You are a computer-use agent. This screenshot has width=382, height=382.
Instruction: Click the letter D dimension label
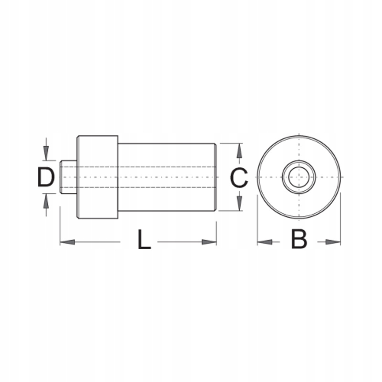tap(46, 177)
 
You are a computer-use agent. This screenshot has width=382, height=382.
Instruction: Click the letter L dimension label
tap(144, 239)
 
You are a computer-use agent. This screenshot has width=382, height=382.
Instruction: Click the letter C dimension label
tap(239, 178)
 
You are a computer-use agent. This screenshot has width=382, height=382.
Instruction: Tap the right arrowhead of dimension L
tap(209, 242)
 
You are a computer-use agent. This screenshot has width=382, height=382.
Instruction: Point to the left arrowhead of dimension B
tap(265, 242)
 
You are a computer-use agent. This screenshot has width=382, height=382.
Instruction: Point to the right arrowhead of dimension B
tap(333, 242)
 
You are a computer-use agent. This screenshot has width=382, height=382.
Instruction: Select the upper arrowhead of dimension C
tap(240, 150)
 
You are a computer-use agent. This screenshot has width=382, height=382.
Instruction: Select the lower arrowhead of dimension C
tap(240, 204)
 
